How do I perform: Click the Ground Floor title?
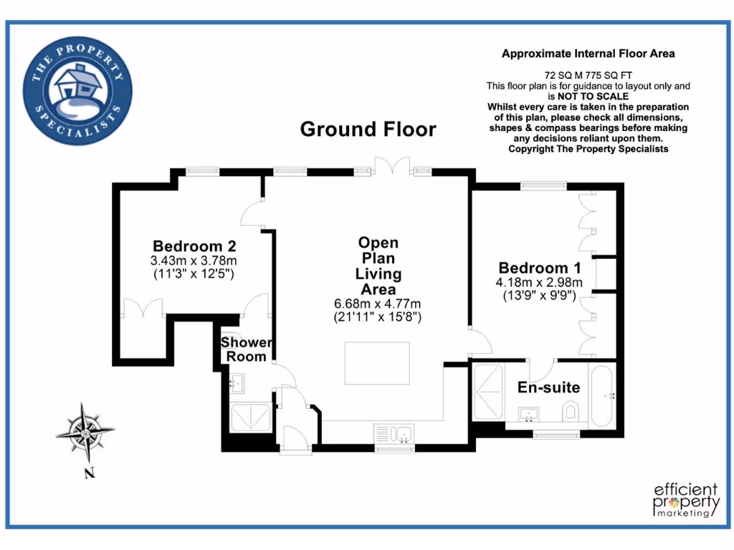pos(368,129)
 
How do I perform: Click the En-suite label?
pos(548,388)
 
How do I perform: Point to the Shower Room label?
pos(246,349)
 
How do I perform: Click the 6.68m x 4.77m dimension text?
pos(378,303)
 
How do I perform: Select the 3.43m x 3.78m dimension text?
pos(194,259)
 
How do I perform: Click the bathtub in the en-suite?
pos(603,395)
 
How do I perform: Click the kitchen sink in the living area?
pos(394,433)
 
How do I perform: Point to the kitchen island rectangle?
pos(378,364)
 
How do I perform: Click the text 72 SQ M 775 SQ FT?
pos(588,74)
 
